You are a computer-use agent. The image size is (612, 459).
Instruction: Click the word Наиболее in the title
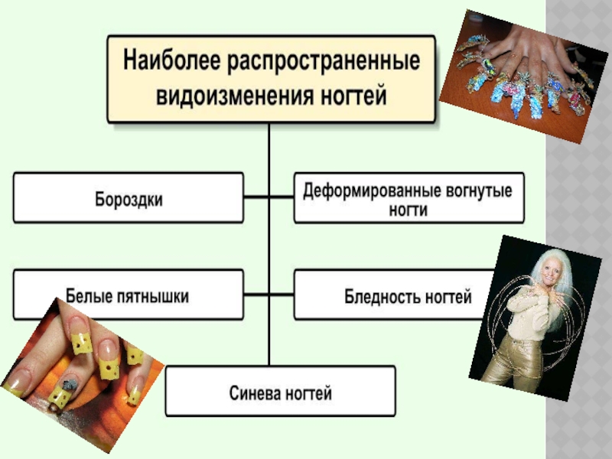click(169, 60)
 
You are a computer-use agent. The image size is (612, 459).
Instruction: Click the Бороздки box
click(129, 199)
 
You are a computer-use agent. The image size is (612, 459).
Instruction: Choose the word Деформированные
click(364, 188)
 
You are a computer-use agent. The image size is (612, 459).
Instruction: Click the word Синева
click(256, 394)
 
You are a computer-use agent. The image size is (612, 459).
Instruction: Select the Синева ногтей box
click(281, 394)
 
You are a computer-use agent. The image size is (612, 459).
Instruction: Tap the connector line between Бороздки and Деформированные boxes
click(269, 197)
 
